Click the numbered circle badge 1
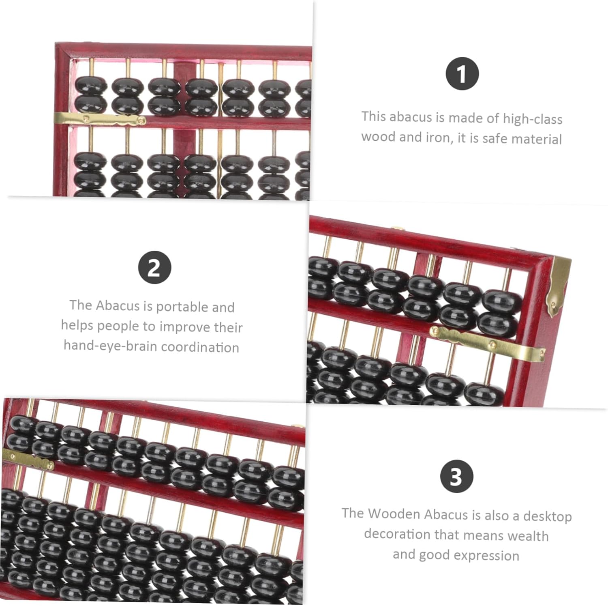pyautogui.click(x=462, y=74)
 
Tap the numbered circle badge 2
pyautogui.click(x=154, y=268)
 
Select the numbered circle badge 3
pyautogui.click(x=457, y=476)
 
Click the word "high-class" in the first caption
pyautogui.click(x=533, y=119)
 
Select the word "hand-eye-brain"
pyautogui.click(x=111, y=346)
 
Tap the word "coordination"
pyautogui.click(x=200, y=347)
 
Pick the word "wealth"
pyautogui.click(x=528, y=535)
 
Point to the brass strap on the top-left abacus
pyautogui.click(x=100, y=119)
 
